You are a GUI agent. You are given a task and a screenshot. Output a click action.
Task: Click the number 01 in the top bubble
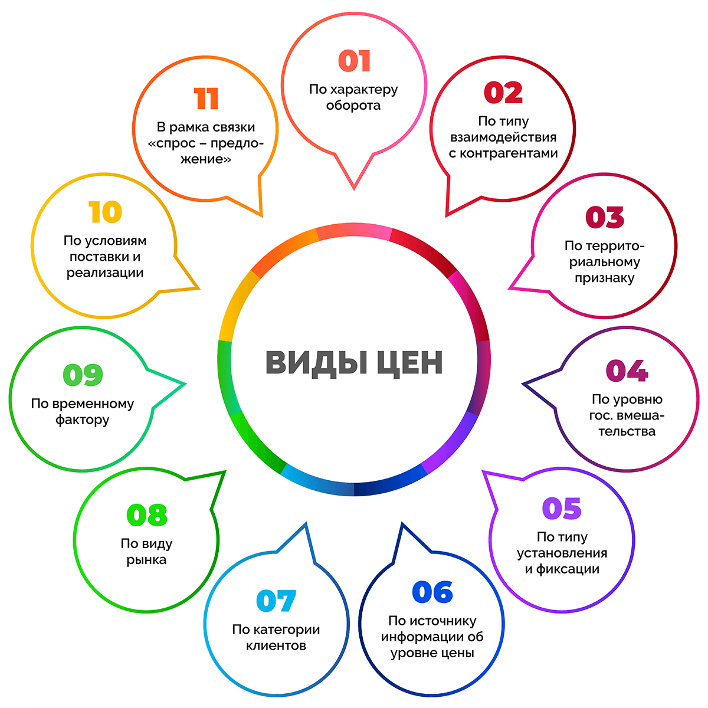(355, 61)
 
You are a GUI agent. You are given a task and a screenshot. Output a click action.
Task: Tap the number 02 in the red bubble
(503, 93)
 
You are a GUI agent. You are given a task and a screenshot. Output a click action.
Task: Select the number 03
(605, 217)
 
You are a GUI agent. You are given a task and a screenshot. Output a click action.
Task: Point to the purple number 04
(627, 371)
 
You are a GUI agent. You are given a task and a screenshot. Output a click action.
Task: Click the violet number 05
(562, 509)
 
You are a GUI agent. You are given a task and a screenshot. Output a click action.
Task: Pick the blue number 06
(432, 592)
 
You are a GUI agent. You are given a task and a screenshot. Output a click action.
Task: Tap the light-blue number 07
(276, 601)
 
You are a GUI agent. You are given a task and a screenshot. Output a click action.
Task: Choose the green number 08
(147, 515)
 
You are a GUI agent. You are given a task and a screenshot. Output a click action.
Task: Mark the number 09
(83, 375)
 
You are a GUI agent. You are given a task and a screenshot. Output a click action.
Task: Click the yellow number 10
(105, 212)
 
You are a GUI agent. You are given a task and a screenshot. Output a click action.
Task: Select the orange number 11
(206, 99)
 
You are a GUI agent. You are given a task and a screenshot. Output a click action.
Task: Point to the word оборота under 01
(353, 106)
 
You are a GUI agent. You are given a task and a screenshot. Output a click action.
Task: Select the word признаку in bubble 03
(605, 278)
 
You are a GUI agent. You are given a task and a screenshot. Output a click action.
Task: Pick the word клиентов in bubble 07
(276, 645)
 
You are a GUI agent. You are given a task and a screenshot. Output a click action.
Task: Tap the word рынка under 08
(146, 560)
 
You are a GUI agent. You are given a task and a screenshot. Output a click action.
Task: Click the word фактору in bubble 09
(83, 420)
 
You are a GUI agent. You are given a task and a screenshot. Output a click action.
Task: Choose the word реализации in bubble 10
(105, 273)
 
